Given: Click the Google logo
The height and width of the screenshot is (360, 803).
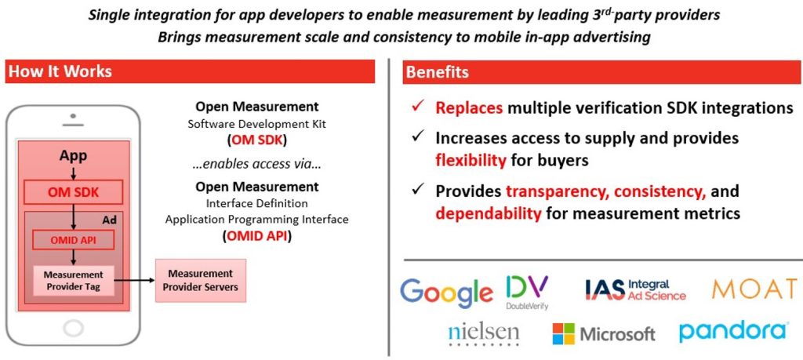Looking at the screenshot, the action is (x=446, y=292).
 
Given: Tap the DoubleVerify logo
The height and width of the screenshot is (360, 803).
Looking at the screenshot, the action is (x=527, y=293).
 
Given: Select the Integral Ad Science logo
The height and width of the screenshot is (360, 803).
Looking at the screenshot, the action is (x=635, y=290).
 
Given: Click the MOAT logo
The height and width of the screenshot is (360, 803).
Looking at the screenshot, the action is (x=754, y=289).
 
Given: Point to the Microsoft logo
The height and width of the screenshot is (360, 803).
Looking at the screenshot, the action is (x=603, y=334).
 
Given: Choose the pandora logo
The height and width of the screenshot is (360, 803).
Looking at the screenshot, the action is (x=733, y=331).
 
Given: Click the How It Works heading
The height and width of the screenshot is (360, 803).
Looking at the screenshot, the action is (x=60, y=71).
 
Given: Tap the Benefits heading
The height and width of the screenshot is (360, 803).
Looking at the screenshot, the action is (x=437, y=71).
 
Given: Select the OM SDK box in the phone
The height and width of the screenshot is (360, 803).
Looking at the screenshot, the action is (x=73, y=192).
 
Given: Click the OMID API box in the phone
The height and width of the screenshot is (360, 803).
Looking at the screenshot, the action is (x=73, y=240).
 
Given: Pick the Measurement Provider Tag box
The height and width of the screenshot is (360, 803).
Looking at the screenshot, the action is (x=73, y=280).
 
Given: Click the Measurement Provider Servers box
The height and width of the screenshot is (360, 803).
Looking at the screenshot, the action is (x=200, y=280).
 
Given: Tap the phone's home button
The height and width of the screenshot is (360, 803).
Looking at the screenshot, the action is (x=73, y=327).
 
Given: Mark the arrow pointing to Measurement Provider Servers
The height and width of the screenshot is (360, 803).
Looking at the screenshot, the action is (x=134, y=280).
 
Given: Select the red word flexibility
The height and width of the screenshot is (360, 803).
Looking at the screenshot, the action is (x=471, y=161).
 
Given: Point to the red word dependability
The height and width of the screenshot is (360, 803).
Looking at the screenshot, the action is (x=489, y=213).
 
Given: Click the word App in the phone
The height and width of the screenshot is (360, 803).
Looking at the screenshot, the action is (x=73, y=155).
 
